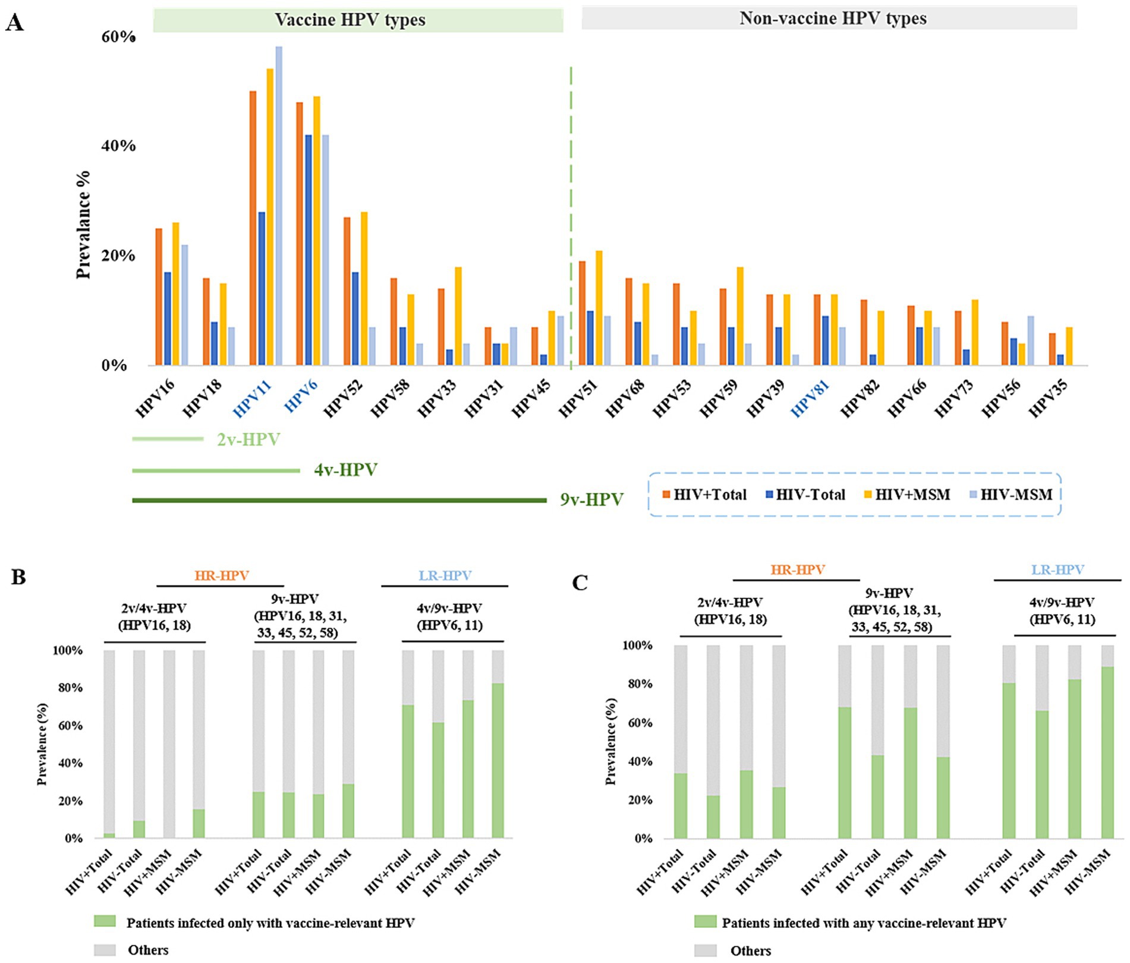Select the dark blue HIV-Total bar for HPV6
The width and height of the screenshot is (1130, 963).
[308, 250]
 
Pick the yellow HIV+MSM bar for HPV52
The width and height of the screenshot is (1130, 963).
[364, 288]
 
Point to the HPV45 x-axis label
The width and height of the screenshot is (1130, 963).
[531, 398]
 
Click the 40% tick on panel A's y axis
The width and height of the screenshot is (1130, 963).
[118, 146]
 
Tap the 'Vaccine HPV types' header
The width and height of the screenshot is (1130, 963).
[350, 20]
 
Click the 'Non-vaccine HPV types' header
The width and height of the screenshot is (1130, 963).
[833, 18]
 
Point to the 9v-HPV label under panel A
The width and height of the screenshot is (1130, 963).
[591, 499]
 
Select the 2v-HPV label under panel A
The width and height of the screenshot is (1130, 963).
[248, 440]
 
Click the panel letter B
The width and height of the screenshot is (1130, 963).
[18, 577]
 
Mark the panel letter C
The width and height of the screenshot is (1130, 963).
[580, 583]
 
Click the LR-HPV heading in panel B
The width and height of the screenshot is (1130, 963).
[445, 575]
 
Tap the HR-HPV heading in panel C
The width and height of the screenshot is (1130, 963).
[797, 569]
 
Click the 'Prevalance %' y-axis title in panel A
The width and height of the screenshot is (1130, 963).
[84, 224]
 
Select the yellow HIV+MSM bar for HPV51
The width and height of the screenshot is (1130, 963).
[599, 308]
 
